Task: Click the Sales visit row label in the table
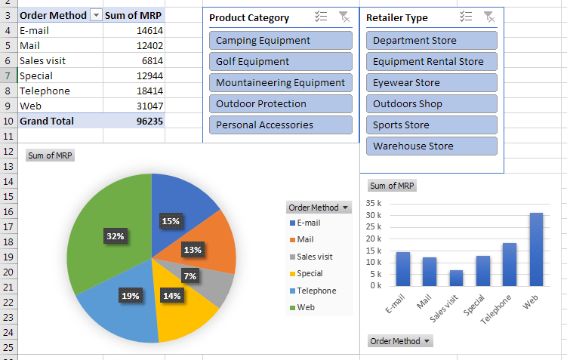[x=45, y=60]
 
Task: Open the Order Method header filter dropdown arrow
[x=95, y=15]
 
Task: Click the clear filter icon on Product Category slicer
[x=344, y=17]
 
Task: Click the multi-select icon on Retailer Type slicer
[x=466, y=17]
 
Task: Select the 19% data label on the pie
[x=130, y=296]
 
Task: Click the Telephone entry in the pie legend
[x=316, y=291]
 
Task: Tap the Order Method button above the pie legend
[x=319, y=208]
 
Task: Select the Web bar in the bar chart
[x=536, y=249]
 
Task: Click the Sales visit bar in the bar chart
[x=455, y=278]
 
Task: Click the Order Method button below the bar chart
[x=401, y=341]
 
